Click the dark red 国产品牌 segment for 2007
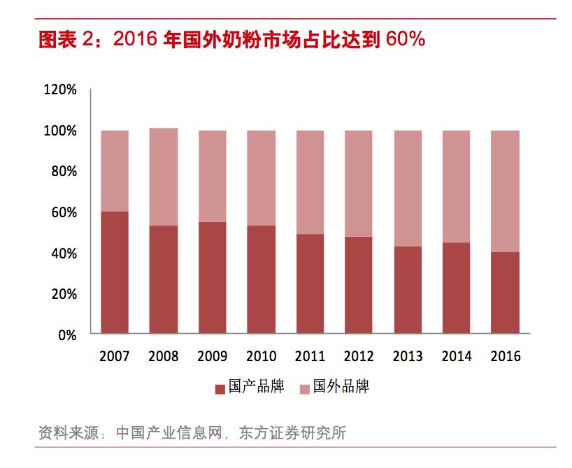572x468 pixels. (114, 272)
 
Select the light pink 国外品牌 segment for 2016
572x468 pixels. (505, 191)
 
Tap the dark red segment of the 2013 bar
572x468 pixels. (408, 290)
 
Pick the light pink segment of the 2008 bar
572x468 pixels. (163, 177)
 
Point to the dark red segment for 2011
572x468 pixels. (310, 284)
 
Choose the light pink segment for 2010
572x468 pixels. (261, 178)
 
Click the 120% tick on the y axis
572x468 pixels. (59, 89)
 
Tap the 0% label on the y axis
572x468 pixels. (67, 335)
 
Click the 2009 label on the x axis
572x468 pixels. (212, 356)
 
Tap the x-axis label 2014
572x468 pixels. (457, 356)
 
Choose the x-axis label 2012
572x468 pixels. (359, 356)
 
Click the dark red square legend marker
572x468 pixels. (218, 388)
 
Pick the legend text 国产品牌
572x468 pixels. (257, 387)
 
